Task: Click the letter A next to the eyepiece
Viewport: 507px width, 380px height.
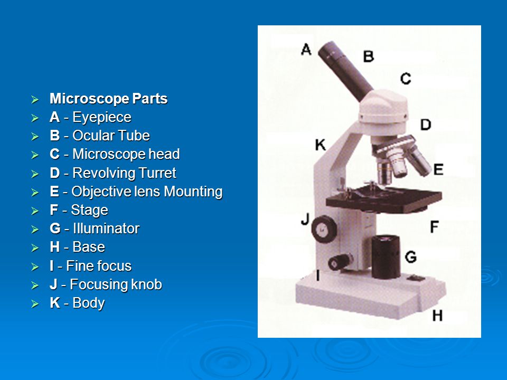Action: click(x=306, y=50)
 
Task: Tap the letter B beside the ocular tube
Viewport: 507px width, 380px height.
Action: click(x=368, y=56)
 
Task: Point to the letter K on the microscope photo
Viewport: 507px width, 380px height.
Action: click(x=321, y=145)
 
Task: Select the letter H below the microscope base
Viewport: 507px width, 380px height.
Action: click(x=437, y=316)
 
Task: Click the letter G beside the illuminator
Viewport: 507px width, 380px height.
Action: click(x=411, y=257)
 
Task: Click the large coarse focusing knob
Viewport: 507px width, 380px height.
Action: click(x=324, y=229)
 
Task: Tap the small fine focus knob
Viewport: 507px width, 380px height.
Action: click(x=340, y=262)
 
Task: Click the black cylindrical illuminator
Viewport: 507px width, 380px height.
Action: click(x=386, y=257)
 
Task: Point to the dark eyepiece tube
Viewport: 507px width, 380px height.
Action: click(x=345, y=71)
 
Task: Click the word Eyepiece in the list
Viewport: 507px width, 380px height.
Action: click(x=101, y=117)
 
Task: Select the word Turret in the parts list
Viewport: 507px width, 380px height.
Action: click(x=156, y=173)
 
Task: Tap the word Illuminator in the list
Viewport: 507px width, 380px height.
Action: click(x=106, y=229)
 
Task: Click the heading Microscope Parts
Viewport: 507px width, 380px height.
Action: click(x=109, y=99)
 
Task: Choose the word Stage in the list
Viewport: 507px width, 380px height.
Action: click(x=89, y=211)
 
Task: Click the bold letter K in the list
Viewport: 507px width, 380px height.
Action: click(x=55, y=303)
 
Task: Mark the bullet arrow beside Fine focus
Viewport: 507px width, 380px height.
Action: click(x=35, y=267)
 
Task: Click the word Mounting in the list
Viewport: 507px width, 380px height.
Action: click(x=193, y=192)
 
